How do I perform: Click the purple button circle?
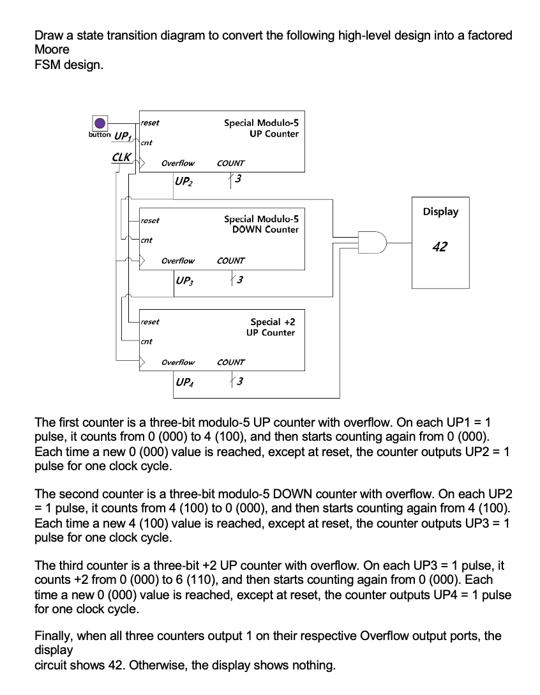point(99,123)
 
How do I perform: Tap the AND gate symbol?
point(373,243)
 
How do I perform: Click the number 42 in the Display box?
point(440,247)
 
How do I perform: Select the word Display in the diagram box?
point(440,211)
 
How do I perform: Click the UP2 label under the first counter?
point(183,181)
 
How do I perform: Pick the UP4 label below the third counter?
point(184,382)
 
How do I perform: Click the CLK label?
point(121,157)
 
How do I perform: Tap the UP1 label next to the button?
point(121,136)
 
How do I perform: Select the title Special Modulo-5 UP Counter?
point(261,128)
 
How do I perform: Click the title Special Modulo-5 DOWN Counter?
point(261,224)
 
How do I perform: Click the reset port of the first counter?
point(150,123)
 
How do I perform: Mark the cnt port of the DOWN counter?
point(146,240)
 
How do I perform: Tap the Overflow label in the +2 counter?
point(178,362)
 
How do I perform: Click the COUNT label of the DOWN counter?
point(230,261)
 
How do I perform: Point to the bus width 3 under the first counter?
point(237,179)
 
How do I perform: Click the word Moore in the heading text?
point(52,49)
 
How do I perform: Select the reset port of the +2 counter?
point(150,322)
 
